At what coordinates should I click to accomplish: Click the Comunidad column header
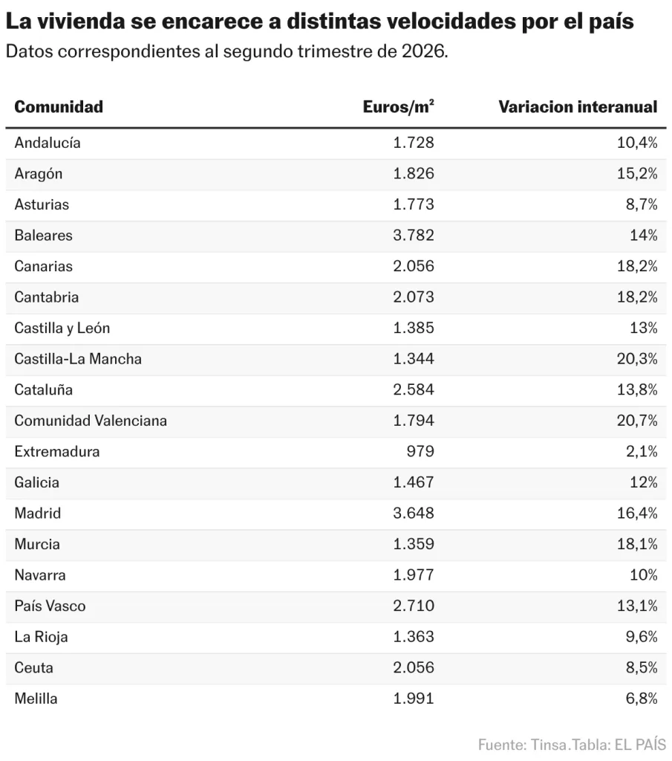tap(59, 107)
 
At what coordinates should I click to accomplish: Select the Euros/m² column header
tap(398, 107)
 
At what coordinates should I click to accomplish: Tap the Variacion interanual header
tap(578, 107)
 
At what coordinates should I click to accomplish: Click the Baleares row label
tap(43, 236)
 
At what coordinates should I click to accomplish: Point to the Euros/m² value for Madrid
tap(414, 513)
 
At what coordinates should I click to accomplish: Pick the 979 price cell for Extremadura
tap(420, 451)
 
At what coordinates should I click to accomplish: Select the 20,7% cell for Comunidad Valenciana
tap(637, 421)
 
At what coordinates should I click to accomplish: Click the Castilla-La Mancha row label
tap(78, 359)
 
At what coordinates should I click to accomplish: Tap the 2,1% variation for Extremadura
tap(642, 451)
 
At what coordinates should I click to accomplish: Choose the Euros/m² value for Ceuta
tap(414, 667)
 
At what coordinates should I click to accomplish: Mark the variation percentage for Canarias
tap(637, 266)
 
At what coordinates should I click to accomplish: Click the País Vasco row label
tap(50, 606)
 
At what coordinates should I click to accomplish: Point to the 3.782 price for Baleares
tap(414, 236)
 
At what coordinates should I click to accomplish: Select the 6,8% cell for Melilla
tap(642, 699)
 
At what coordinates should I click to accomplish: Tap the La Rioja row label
tap(42, 637)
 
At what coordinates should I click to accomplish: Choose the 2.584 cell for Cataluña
tap(414, 389)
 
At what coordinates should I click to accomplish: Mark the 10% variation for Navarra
tap(643, 574)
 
